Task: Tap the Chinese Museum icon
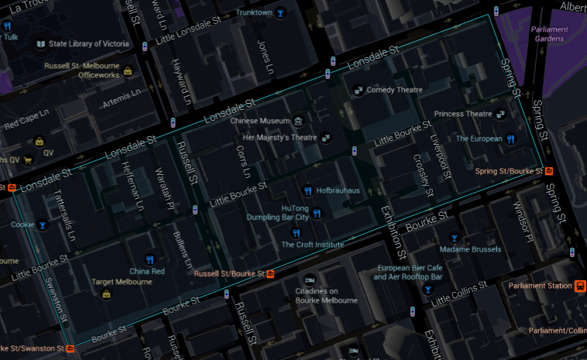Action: click(x=299, y=121)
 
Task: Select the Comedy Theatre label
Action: click(x=395, y=90)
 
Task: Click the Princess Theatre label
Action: click(x=463, y=114)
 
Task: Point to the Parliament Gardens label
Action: click(x=550, y=34)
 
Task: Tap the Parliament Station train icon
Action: click(x=579, y=286)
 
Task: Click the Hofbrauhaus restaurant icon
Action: click(x=308, y=190)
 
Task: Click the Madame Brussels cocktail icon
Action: click(x=454, y=238)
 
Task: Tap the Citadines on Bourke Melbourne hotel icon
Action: click(x=310, y=279)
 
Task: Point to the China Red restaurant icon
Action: click(x=149, y=260)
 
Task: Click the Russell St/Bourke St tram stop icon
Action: click(x=271, y=273)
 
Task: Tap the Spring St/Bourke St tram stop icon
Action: click(x=548, y=171)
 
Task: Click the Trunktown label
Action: click(x=254, y=12)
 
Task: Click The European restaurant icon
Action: click(x=510, y=139)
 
